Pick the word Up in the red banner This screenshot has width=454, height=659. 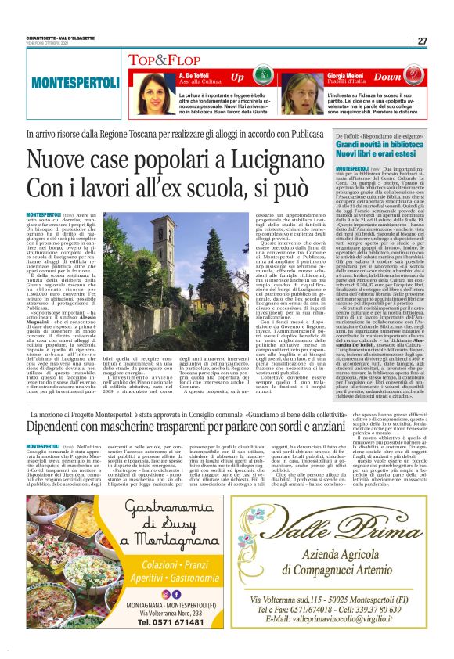pyautogui.click(x=237, y=77)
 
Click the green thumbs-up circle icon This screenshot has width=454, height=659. pyautogui.click(x=264, y=77)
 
